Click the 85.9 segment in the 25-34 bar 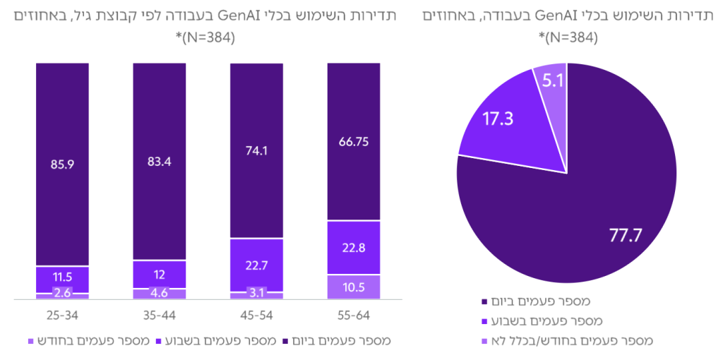click(62, 164)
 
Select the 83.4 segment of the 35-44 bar click(160, 162)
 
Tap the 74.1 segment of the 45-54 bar click(256, 151)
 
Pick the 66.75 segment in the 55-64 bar click(354, 142)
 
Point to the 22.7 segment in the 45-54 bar click(256, 265)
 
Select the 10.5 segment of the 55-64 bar click(354, 287)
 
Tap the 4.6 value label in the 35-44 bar click(160, 294)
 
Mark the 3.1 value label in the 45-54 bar click(256, 295)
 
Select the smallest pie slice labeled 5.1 click(552, 82)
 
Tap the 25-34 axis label click(62, 313)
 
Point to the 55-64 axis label click(354, 313)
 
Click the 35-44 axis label click(160, 313)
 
